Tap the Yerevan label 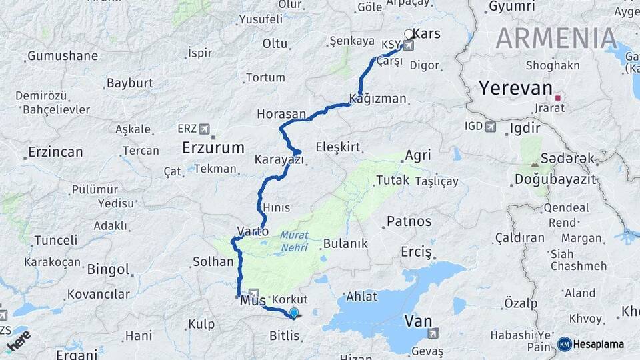pos(515,89)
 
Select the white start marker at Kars pos(409,33)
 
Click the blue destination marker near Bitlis pos(293,312)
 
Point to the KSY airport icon pos(408,46)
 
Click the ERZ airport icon pos(204,128)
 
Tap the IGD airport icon pos(491,126)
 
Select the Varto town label pos(253,232)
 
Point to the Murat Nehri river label pos(293,241)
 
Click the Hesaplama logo pos(593,344)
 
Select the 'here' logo pos(18,341)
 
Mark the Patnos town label pos(409,221)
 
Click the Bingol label pos(108,270)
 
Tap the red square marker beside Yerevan pos(558,97)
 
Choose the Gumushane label pos(58,56)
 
